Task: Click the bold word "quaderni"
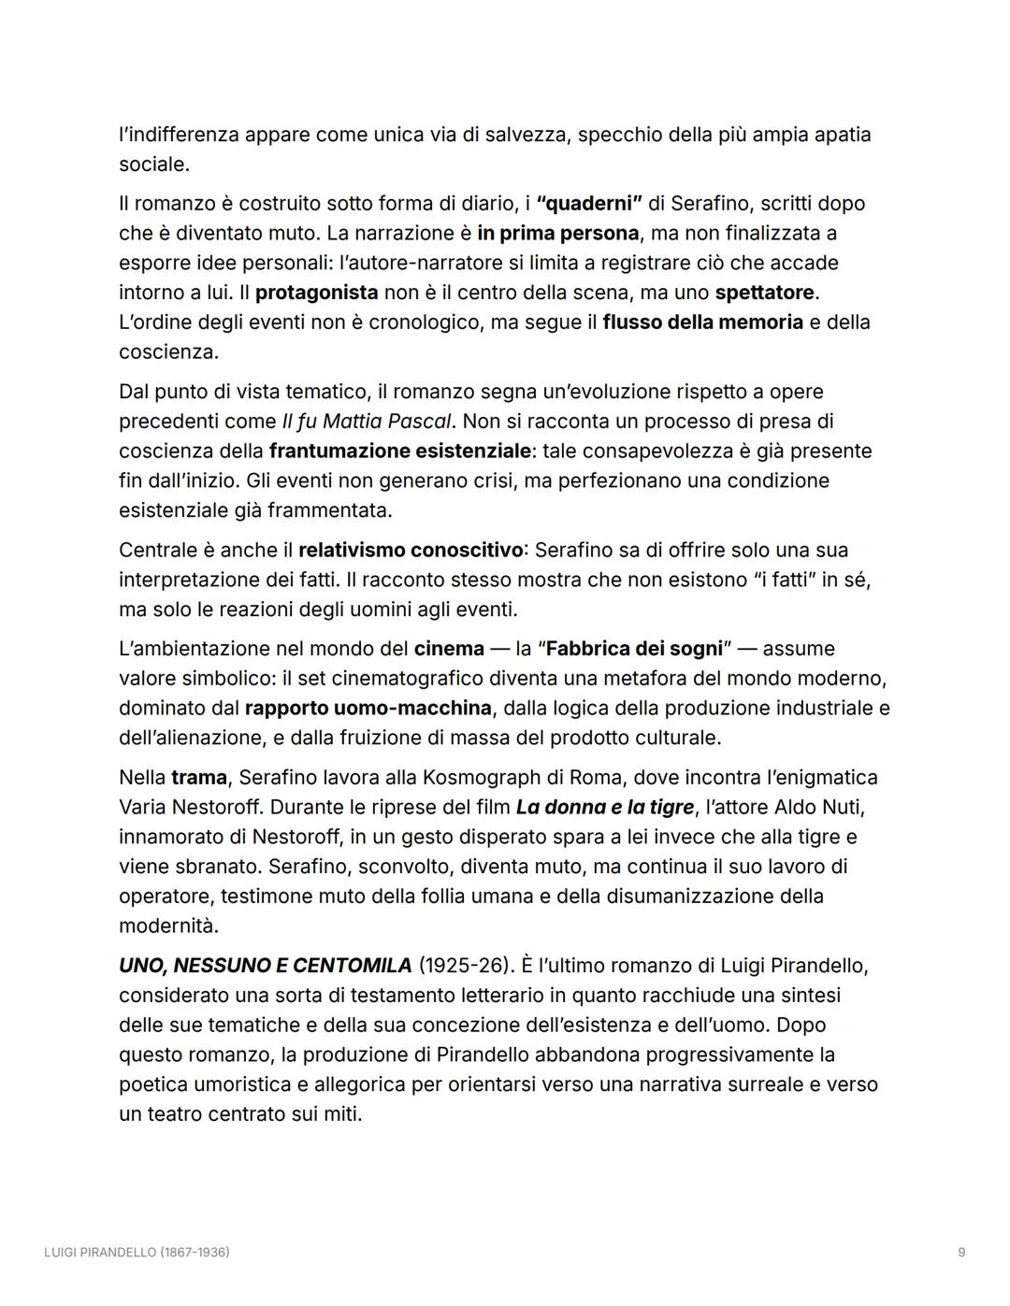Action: coord(589,204)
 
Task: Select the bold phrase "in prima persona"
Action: coord(557,233)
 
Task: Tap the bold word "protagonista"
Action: coord(316,293)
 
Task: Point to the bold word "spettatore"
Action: coord(766,293)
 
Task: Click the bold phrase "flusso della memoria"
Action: coord(702,323)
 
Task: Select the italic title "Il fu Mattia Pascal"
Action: coord(367,422)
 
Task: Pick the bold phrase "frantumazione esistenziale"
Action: coord(399,452)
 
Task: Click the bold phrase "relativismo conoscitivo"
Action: coord(411,550)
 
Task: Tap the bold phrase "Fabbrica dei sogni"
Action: coord(633,649)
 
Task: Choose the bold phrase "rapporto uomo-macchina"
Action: coord(368,708)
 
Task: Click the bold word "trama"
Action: coord(199,778)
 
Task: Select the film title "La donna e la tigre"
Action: coord(604,807)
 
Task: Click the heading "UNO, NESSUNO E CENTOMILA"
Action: coord(265,966)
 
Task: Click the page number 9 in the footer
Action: coord(961,1252)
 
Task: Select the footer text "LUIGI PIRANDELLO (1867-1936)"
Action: coord(137,1252)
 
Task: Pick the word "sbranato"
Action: coord(210,867)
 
